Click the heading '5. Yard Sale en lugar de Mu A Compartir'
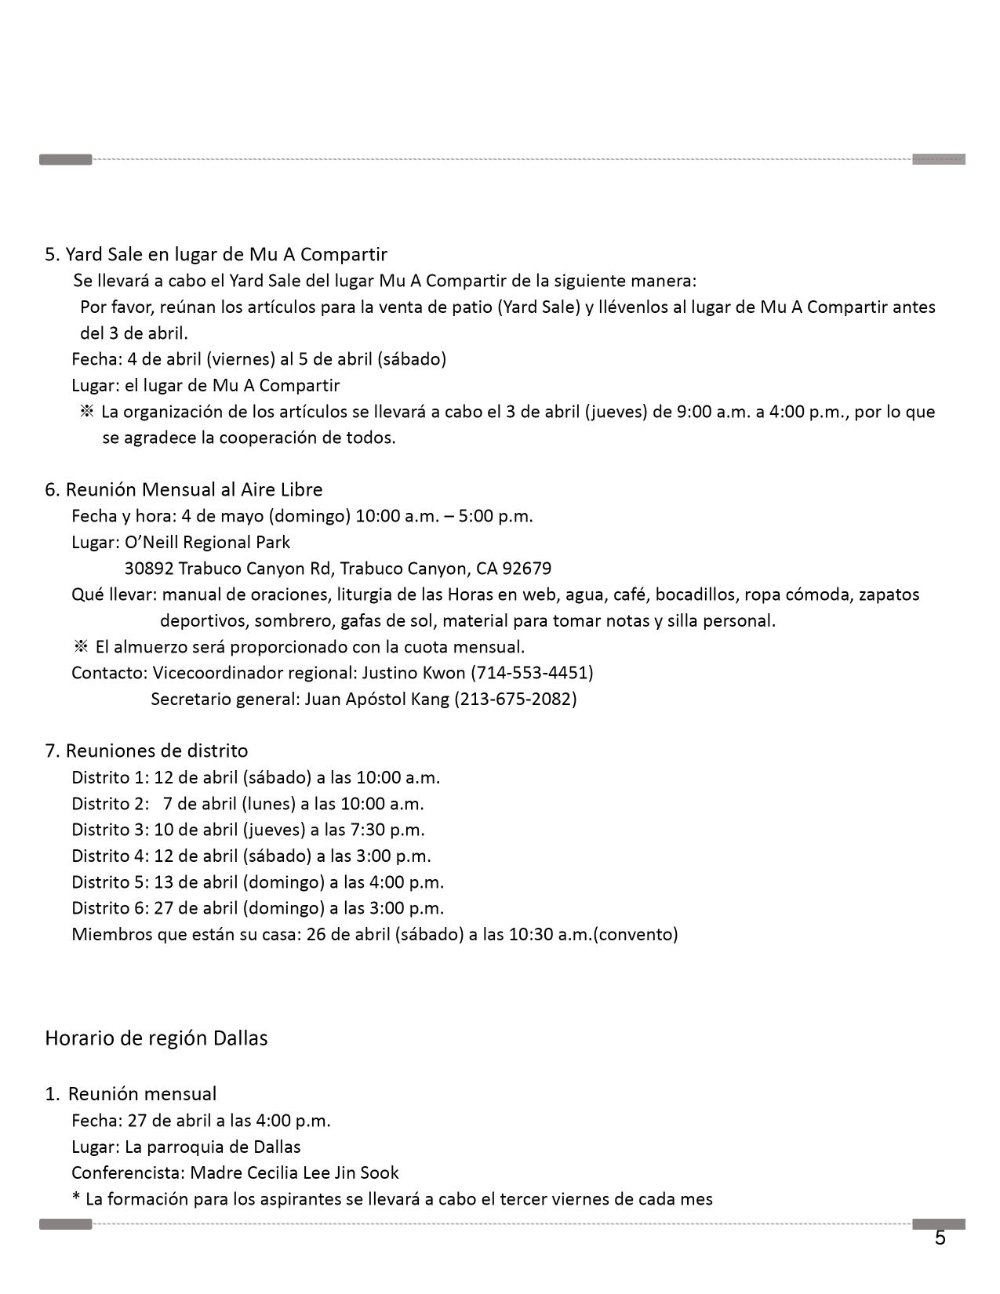216,254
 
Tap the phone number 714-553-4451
532,673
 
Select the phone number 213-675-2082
515,699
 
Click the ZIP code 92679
526,569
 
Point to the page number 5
940,1238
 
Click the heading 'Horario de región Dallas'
156,1038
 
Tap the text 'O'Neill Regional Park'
207,542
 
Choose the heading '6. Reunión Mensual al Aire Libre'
184,489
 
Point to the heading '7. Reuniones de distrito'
147,751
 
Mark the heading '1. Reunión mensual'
131,1094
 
